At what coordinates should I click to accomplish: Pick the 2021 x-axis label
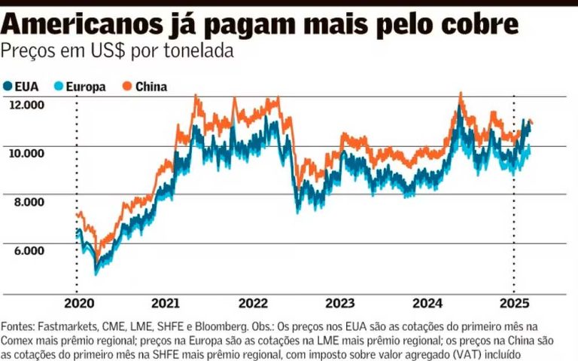(x=166, y=304)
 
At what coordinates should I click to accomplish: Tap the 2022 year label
(x=253, y=304)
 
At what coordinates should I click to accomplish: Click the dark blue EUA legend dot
(x=8, y=86)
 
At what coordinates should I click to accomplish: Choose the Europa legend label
(x=86, y=87)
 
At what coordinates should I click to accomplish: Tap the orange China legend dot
(x=127, y=86)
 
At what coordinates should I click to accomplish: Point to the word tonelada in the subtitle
(x=200, y=51)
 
